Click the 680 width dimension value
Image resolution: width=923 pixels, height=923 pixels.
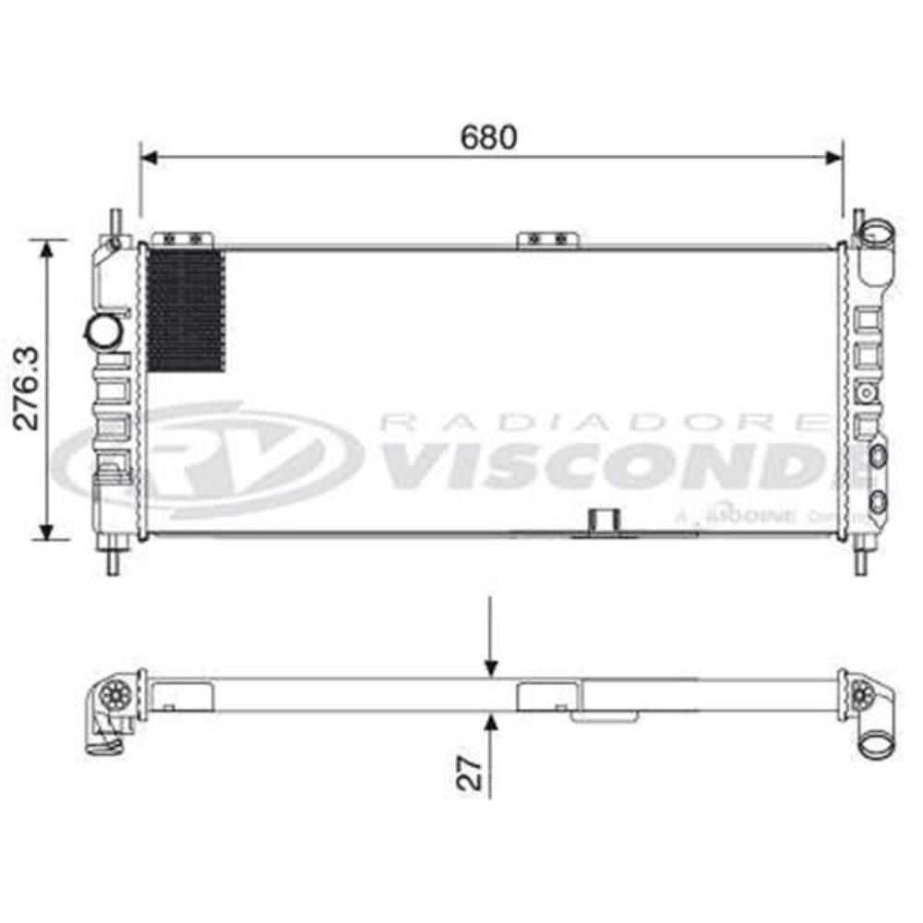pyautogui.click(x=489, y=137)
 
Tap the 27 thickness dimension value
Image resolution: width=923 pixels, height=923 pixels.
pyautogui.click(x=472, y=773)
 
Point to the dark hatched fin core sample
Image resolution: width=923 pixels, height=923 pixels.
pyautogui.click(x=186, y=309)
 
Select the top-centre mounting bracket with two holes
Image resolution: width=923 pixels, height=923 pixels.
pyautogui.click(x=548, y=239)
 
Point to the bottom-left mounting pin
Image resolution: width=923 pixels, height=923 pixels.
pyautogui.click(x=113, y=559)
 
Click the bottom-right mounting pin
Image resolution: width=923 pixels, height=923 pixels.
pyautogui.click(x=860, y=559)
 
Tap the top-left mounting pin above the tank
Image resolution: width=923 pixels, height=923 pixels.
pyautogui.click(x=115, y=222)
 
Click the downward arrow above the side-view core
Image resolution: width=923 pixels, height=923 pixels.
pyautogui.click(x=491, y=665)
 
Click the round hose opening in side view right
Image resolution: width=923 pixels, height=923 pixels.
pyautogui.click(x=875, y=742)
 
